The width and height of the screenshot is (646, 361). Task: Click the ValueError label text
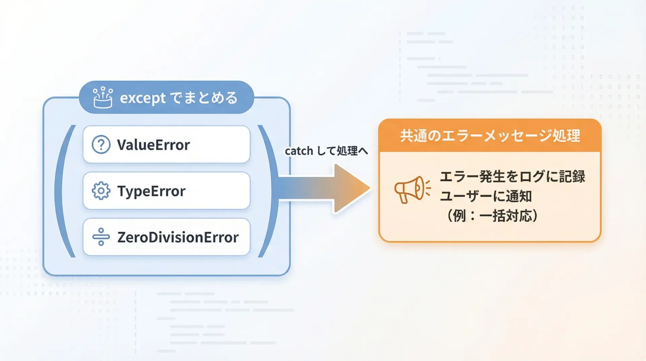click(153, 145)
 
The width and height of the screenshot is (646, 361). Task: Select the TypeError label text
click(151, 191)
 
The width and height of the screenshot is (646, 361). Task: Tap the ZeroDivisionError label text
click(178, 237)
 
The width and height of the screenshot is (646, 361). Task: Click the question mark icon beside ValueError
click(101, 145)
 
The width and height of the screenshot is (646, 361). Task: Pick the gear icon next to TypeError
click(101, 191)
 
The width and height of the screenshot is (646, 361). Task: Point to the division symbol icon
click(101, 237)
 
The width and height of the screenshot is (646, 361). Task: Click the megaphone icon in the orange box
click(412, 190)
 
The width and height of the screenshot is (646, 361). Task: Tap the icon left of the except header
click(103, 98)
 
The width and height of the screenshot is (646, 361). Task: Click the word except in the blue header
click(143, 98)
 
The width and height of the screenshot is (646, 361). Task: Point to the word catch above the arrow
click(299, 151)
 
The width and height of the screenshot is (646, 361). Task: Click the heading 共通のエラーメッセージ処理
click(490, 136)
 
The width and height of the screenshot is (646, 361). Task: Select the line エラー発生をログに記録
click(512, 176)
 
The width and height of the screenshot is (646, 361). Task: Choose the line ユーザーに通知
click(486, 196)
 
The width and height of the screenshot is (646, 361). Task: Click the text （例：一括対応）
click(492, 216)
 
